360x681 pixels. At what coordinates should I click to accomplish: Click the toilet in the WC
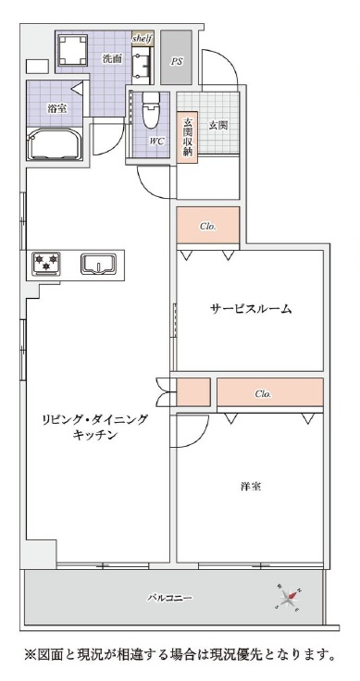pos(151,111)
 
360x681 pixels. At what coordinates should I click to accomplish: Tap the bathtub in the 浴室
pos(55,142)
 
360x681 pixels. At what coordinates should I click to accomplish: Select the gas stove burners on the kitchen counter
pos(45,263)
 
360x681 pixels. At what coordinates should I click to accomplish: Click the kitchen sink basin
pos(99,264)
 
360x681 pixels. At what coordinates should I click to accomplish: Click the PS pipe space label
pos(176,62)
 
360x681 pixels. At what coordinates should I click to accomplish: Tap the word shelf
pos(143,39)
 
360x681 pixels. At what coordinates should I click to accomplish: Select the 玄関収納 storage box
pos(187,138)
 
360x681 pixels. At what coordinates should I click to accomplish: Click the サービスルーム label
pos(251,309)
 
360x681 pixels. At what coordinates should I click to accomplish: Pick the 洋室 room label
pos(251,486)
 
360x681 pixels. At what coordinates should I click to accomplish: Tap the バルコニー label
pos(169,598)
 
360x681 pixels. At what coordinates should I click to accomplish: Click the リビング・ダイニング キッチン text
pos(94,427)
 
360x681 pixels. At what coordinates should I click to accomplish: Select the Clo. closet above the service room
pos(208,226)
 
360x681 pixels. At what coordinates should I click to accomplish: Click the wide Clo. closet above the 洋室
pos(270,392)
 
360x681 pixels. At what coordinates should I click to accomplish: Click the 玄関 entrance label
pos(218,126)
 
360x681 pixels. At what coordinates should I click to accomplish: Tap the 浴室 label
pos(56,108)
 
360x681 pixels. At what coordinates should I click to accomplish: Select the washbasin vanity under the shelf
pos(143,64)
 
